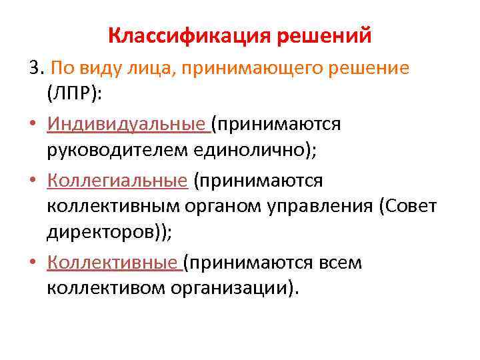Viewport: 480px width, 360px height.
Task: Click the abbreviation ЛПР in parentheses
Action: tap(74, 94)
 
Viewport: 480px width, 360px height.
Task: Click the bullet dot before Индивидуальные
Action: tap(33, 125)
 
